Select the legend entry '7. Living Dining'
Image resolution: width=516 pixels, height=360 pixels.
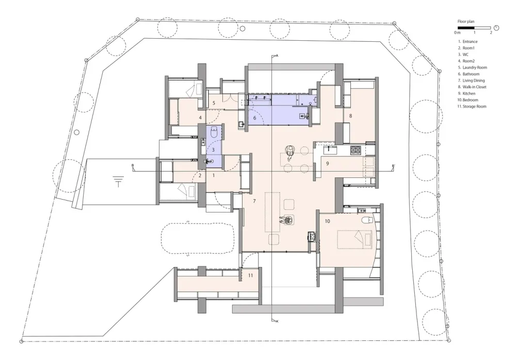pyautogui.click(x=471, y=80)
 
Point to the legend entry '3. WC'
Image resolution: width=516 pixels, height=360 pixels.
pyautogui.click(x=463, y=54)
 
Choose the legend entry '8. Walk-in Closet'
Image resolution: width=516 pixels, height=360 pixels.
pyautogui.click(x=472, y=87)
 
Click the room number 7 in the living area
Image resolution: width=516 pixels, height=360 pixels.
pyautogui.click(x=254, y=200)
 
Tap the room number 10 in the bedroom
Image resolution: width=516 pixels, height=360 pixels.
pyautogui.click(x=327, y=221)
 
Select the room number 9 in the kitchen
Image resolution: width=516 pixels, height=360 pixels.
pyautogui.click(x=327, y=163)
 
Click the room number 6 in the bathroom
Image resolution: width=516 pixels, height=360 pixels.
pyautogui.click(x=254, y=118)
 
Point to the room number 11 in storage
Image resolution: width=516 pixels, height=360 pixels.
pyautogui.click(x=251, y=276)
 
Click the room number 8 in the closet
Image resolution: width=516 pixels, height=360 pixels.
pyautogui.click(x=350, y=116)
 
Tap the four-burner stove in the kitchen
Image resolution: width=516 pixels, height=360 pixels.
pyautogui.click(x=356, y=150)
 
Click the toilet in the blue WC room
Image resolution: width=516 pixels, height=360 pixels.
pyautogui.click(x=214, y=134)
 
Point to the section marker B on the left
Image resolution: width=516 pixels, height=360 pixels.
pyautogui.click(x=133, y=166)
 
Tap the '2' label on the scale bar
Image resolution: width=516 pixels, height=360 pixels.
pyautogui.click(x=490, y=32)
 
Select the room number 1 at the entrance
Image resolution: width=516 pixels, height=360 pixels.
pyautogui.click(x=214, y=176)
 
